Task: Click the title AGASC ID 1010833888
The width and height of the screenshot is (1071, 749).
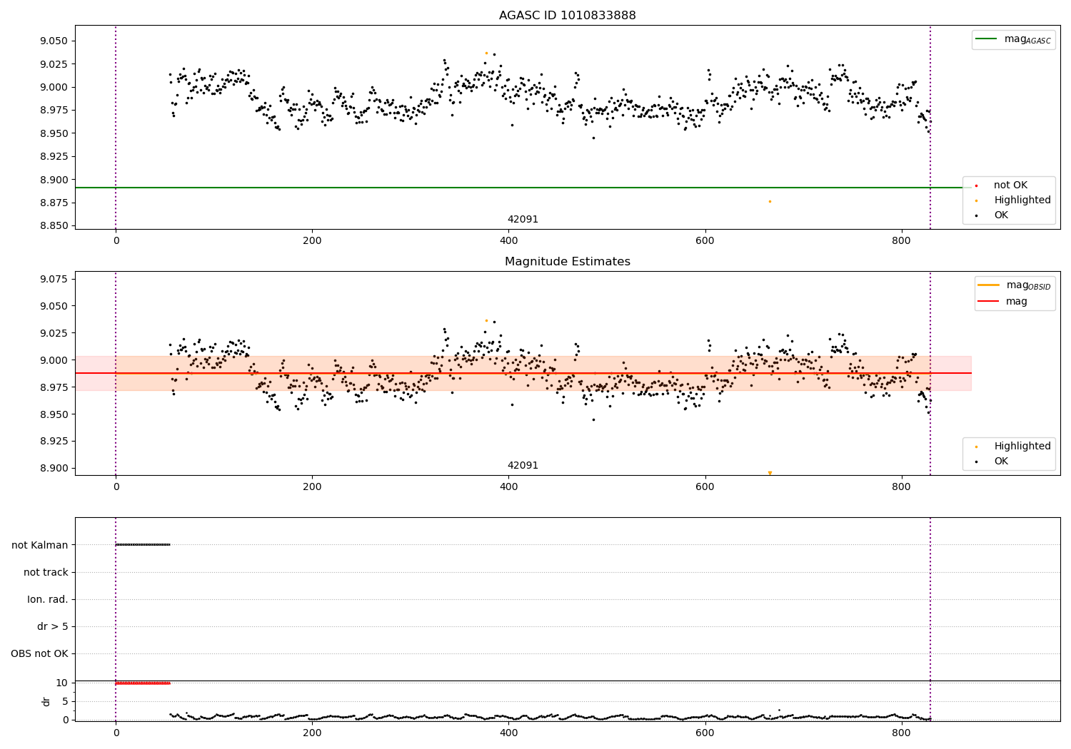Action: pyautogui.click(x=567, y=16)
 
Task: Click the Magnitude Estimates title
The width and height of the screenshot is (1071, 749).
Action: pyautogui.click(x=567, y=262)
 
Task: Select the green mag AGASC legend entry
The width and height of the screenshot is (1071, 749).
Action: pyautogui.click(x=1013, y=39)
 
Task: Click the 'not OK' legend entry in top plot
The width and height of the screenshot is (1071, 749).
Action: pyautogui.click(x=1010, y=185)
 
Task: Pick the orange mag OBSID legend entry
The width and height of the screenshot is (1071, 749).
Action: pyautogui.click(x=1015, y=285)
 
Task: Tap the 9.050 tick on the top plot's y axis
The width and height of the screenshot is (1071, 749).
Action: pyautogui.click(x=54, y=41)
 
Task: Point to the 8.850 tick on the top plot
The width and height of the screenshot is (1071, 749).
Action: pyautogui.click(x=54, y=226)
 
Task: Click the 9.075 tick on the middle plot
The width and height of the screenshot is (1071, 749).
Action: pyautogui.click(x=54, y=279)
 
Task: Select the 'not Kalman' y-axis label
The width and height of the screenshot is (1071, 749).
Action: pyautogui.click(x=39, y=545)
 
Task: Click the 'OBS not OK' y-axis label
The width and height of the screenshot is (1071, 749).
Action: pyautogui.click(x=39, y=653)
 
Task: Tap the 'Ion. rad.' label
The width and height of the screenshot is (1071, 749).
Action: pyautogui.click(x=47, y=599)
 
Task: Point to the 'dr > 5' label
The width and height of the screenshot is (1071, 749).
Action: pyautogui.click(x=52, y=626)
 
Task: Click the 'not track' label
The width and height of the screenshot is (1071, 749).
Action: pyautogui.click(x=46, y=572)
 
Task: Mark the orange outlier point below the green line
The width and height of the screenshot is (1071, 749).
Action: pyautogui.click(x=770, y=201)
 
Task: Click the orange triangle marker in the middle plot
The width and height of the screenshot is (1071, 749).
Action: pyautogui.click(x=770, y=473)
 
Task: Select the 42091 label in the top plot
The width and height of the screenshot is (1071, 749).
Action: pyautogui.click(x=523, y=220)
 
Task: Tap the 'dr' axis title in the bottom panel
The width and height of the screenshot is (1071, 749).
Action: pyautogui.click(x=46, y=701)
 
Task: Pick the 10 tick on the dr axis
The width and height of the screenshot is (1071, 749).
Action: pyautogui.click(x=61, y=683)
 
